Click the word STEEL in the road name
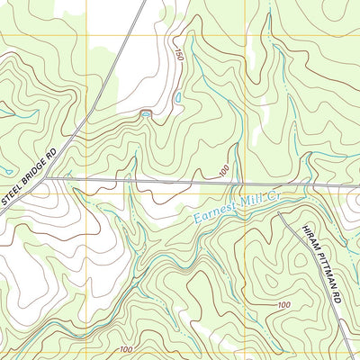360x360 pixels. (x=10, y=193)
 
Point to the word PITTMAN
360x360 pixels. (x=324, y=266)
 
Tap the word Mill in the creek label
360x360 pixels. (x=244, y=203)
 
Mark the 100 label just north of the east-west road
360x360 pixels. (x=221, y=169)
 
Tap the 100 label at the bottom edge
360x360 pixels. (x=125, y=348)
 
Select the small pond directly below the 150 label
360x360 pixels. (x=178, y=94)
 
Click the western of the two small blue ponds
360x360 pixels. (x=146, y=113)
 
